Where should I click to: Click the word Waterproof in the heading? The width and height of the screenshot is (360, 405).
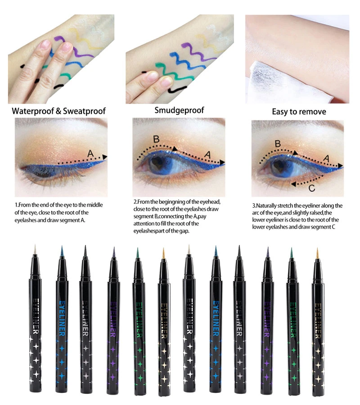click(33, 111)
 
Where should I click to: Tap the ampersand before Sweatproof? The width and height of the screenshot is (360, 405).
click(58, 111)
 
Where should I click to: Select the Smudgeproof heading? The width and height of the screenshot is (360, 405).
click(179, 110)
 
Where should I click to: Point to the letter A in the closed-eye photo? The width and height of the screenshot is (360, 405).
click(90, 154)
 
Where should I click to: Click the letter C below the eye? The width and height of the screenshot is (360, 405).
click(312, 188)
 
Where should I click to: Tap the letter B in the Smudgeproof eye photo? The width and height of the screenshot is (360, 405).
click(156, 139)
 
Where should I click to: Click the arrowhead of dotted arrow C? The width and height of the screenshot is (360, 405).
click(293, 184)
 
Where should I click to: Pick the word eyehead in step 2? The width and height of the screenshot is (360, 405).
click(211, 202)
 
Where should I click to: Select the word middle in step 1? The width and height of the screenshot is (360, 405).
click(94, 205)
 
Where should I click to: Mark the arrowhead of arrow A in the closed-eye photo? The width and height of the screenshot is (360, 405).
click(104, 157)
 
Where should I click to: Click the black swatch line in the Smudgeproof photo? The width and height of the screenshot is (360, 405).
click(177, 90)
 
